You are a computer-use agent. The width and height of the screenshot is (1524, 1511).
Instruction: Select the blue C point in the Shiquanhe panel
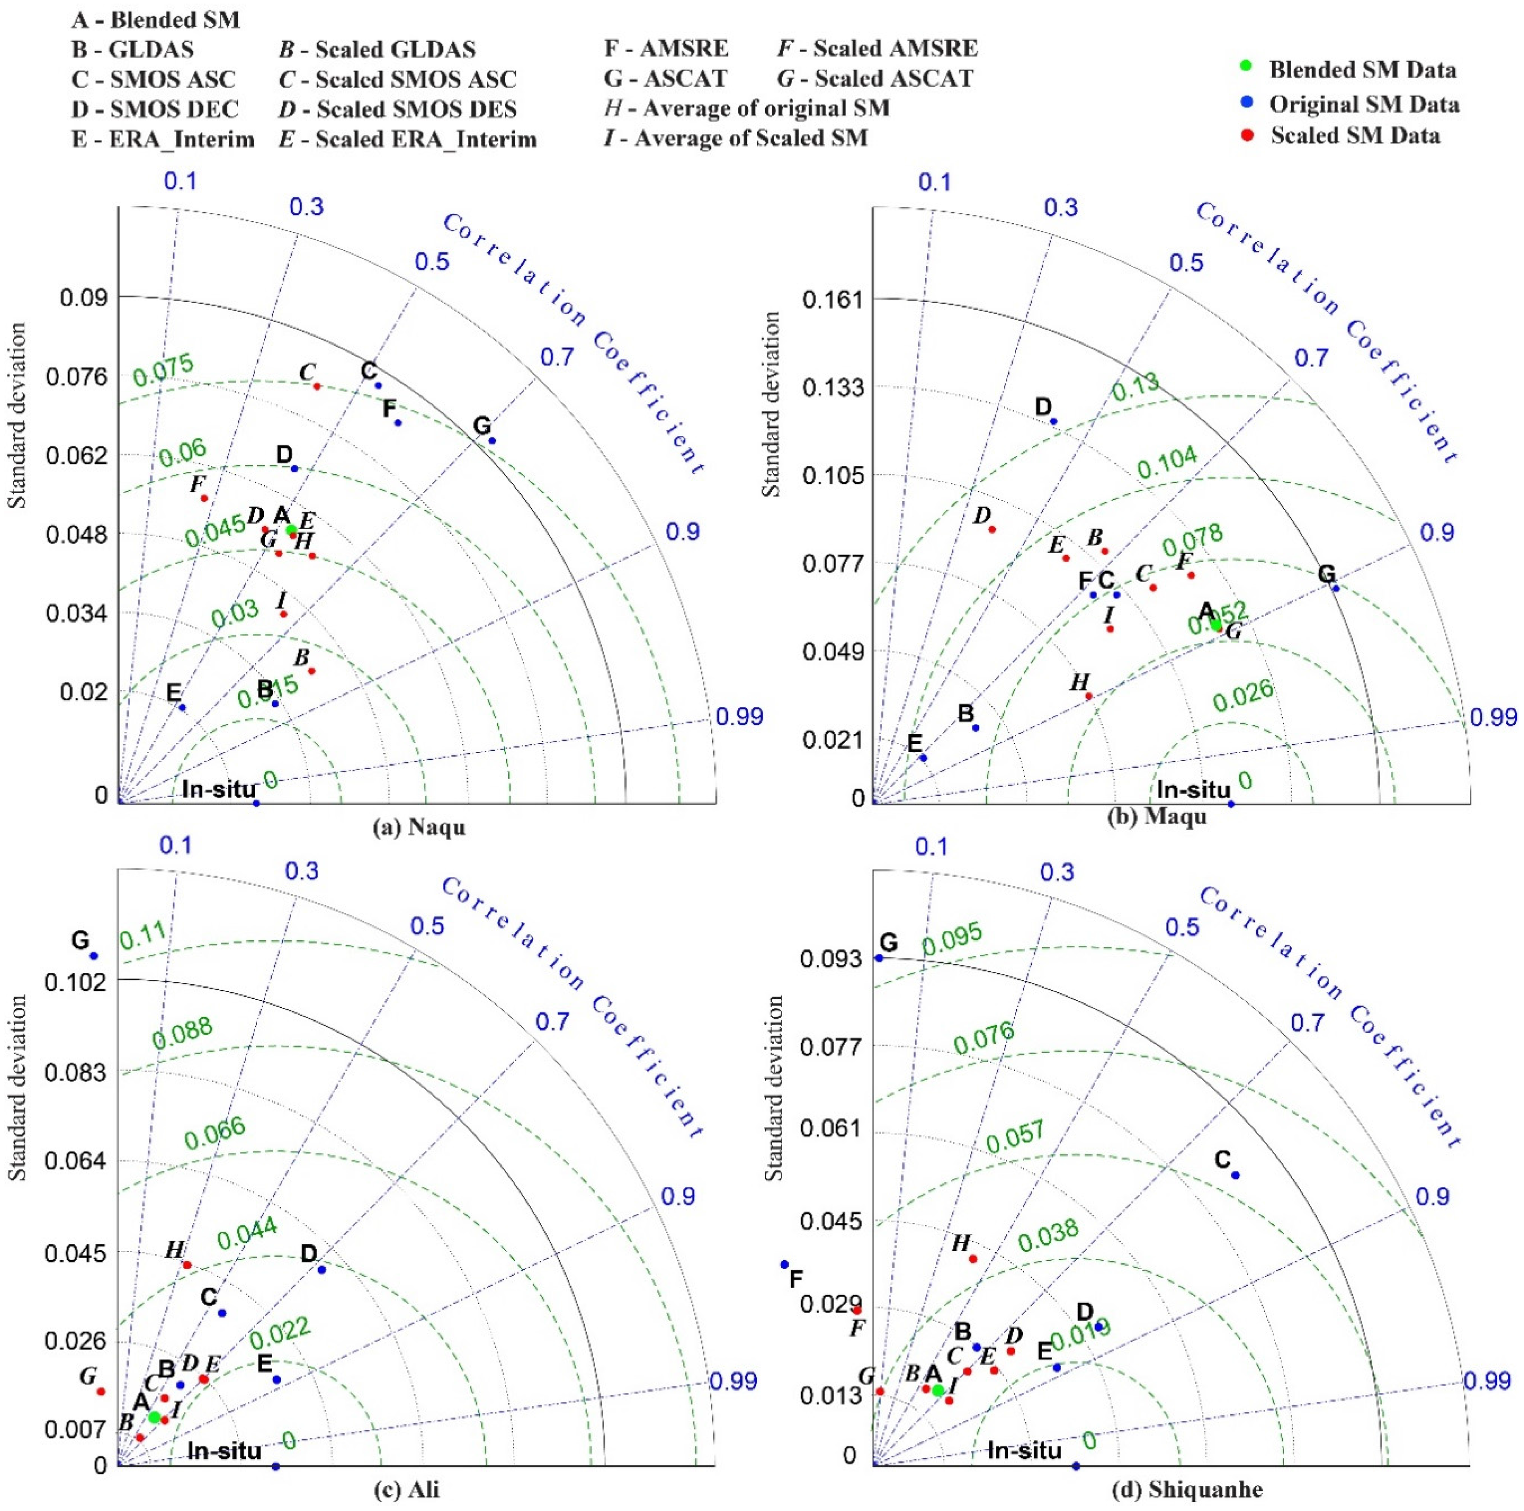[x=1235, y=1175]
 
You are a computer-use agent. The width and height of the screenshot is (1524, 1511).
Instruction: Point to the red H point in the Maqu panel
[x=1089, y=696]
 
